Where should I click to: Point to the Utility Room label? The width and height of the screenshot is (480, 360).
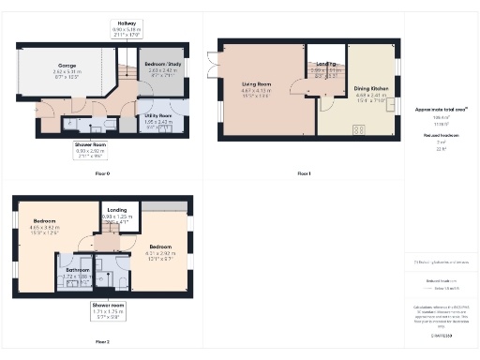[157, 116]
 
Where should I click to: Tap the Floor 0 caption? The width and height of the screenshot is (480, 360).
[103, 174]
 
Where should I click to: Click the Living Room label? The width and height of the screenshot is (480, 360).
[257, 87]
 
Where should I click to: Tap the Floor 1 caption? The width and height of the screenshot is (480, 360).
[303, 174]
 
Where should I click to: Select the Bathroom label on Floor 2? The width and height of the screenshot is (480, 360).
[74, 273]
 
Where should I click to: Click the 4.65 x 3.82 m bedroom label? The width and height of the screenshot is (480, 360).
[44, 223]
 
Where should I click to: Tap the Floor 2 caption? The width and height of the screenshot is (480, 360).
[102, 343]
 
